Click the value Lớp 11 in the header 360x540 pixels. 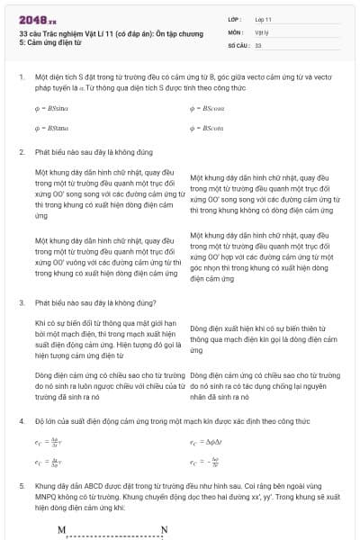[264, 18]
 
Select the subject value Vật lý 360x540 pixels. [262, 31]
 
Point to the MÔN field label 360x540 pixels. [236, 31]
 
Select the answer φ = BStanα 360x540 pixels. [55, 128]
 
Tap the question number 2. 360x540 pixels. [21, 153]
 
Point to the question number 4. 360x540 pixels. [21, 419]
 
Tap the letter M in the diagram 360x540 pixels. [61, 530]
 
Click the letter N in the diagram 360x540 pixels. [164, 530]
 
